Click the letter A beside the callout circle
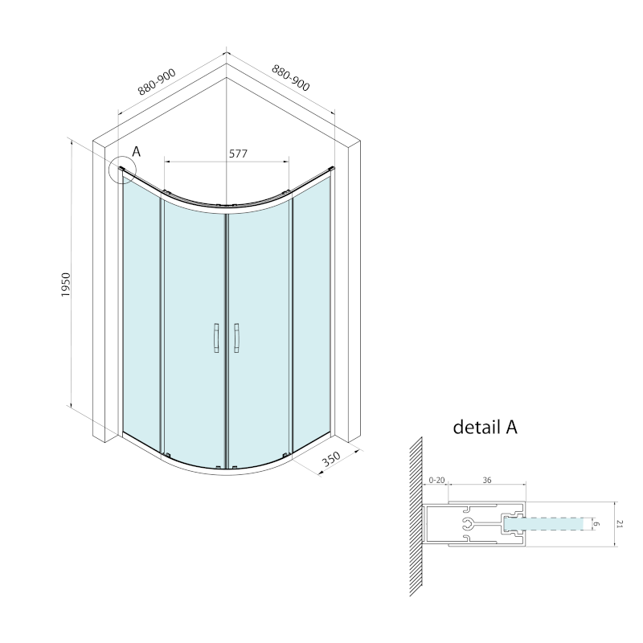click(137, 151)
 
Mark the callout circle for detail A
click(122, 170)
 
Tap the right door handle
click(237, 338)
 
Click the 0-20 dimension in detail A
click(436, 479)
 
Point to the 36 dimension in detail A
click(486, 479)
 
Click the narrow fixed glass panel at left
click(141, 313)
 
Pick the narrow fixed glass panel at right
click(312, 313)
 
